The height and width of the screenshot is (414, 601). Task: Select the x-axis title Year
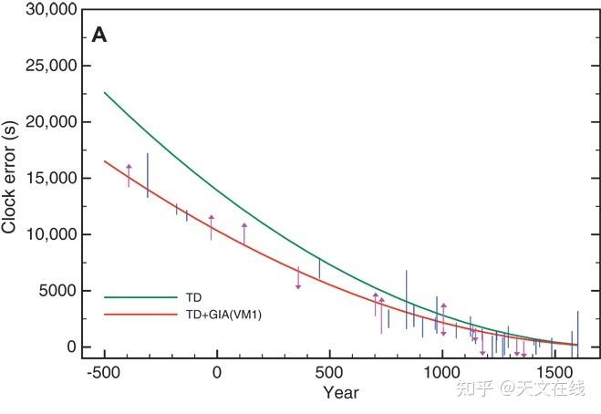pos(340,393)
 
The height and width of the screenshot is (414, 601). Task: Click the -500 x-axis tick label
pos(104,372)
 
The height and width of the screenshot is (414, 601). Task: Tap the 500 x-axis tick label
pos(328,372)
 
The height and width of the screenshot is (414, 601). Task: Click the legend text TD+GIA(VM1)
pos(223,315)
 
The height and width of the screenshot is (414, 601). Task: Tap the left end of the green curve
pos(105,92)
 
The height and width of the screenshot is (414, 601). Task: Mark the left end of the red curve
pos(105,161)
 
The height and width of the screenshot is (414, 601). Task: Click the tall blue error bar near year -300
pos(148,175)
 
